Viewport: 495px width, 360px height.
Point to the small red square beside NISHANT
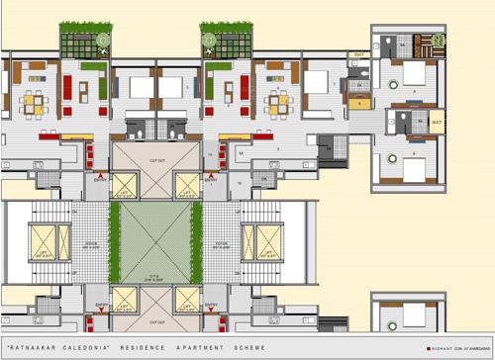click(429, 348)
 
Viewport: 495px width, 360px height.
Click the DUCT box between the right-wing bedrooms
click(437, 123)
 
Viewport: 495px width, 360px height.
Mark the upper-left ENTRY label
click(100, 180)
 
